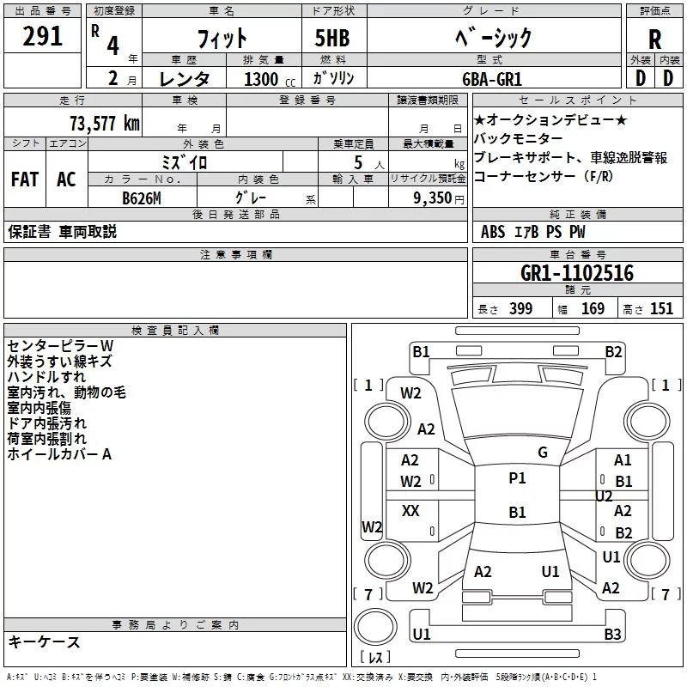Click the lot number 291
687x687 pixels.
click(x=43, y=37)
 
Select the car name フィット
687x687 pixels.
click(x=222, y=38)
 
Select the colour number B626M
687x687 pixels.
click(x=142, y=196)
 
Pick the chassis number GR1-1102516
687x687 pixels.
click(x=577, y=273)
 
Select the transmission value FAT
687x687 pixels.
click(x=24, y=179)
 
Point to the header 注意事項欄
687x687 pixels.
click(x=236, y=255)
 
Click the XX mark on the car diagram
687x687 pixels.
click(x=410, y=511)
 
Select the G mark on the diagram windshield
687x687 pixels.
click(x=543, y=453)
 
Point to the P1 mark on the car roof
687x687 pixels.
click(x=517, y=478)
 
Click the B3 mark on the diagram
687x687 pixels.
click(x=612, y=635)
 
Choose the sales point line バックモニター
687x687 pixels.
click(x=519, y=138)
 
